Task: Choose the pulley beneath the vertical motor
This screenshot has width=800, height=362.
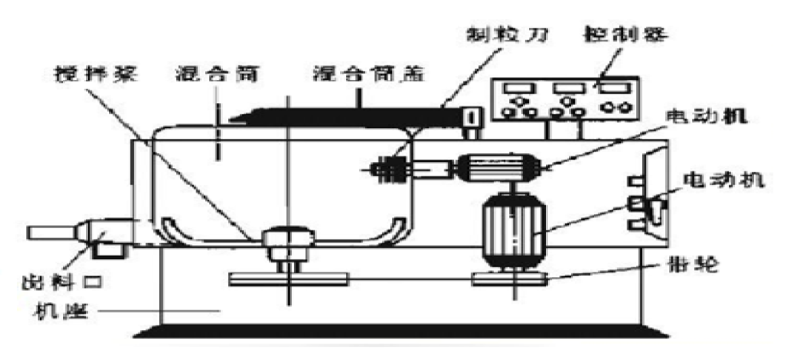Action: point(510,279)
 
